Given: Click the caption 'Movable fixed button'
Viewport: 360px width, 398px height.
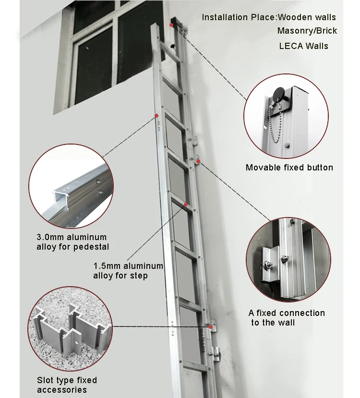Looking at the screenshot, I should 289,168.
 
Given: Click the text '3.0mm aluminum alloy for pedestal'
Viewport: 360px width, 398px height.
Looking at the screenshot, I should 72,242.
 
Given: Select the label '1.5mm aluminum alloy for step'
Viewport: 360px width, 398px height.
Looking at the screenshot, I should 128,271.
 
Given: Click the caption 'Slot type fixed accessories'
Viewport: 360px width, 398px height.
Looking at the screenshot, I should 67,385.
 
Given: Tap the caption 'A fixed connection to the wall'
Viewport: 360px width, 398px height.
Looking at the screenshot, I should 287,317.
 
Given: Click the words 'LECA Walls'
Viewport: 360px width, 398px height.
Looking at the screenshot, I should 303,46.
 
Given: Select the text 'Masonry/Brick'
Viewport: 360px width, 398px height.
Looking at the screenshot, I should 307,31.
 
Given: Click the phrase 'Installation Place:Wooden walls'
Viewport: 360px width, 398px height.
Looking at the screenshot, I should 268,17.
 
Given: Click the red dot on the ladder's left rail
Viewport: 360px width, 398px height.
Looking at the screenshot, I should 156,115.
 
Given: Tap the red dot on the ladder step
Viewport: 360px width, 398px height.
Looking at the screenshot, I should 185,205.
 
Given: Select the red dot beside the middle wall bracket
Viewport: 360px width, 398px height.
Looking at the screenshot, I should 198,161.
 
